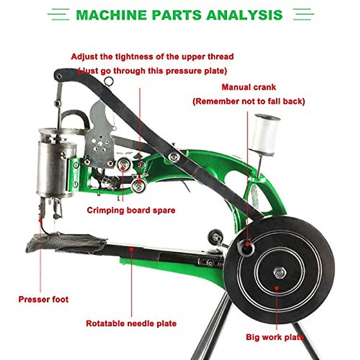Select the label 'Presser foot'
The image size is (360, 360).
[x=43, y=299]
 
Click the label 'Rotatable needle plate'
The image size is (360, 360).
[x=131, y=323]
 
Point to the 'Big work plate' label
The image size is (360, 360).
[x=275, y=337]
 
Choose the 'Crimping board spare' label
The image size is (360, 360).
[x=131, y=210]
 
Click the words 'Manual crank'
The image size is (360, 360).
[x=249, y=87]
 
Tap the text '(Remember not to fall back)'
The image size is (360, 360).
[x=249, y=101]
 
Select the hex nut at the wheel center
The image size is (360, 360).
[x=280, y=273]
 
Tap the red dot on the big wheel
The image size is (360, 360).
[x=277, y=288]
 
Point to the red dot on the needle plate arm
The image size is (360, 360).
[x=131, y=248]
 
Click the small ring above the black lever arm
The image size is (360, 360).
[x=109, y=81]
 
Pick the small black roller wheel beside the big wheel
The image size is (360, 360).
[x=216, y=237]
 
